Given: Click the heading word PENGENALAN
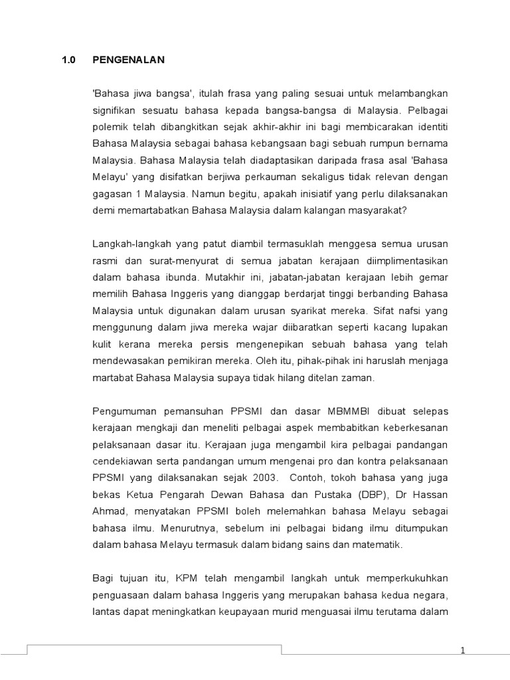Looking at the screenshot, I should [x=128, y=60].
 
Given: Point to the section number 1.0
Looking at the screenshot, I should [x=68, y=60].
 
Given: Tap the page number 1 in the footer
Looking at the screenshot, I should [x=462, y=651].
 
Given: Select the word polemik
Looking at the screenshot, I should [x=110, y=125].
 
